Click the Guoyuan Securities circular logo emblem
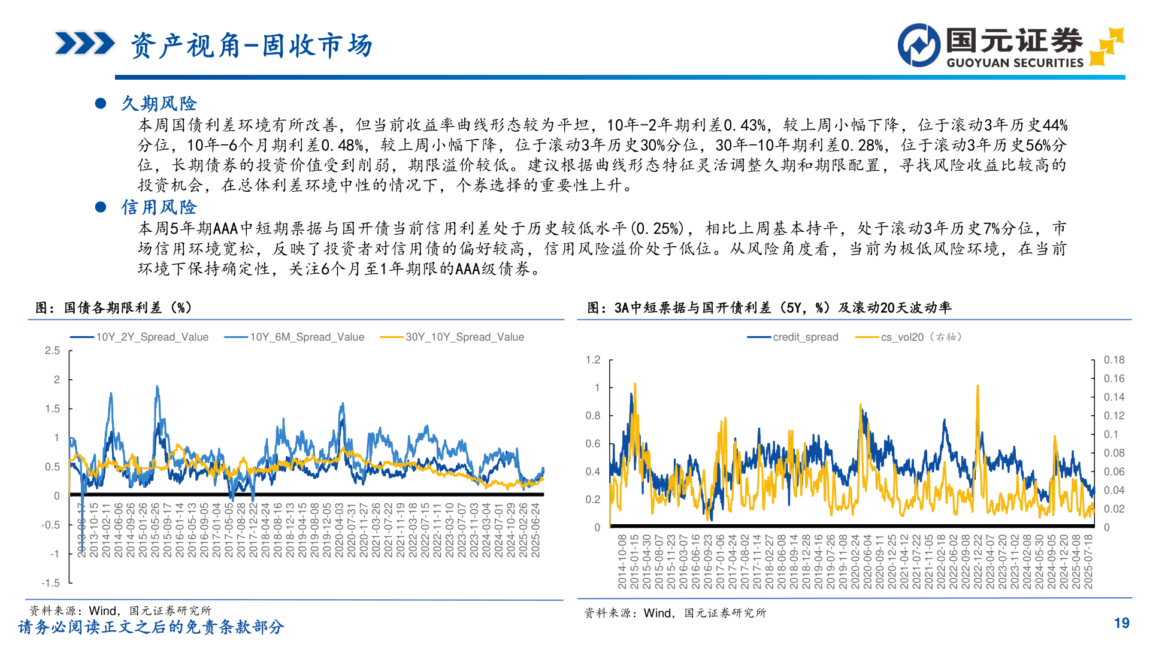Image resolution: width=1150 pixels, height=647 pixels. click(x=919, y=45)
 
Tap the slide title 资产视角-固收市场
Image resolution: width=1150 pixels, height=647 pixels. click(x=252, y=46)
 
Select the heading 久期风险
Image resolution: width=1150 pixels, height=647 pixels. click(x=159, y=104)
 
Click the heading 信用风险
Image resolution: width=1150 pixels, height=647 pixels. click(x=159, y=207)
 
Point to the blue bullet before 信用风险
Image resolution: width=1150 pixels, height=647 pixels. click(x=101, y=207)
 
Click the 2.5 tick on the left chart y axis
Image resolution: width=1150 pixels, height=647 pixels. click(x=53, y=350)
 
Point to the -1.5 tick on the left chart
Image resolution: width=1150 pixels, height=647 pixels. click(x=51, y=583)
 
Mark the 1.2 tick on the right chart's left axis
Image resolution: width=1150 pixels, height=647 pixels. click(x=593, y=359)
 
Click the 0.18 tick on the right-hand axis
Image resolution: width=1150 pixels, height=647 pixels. click(x=1114, y=359)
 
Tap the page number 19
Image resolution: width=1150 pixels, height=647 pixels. click(x=1121, y=623)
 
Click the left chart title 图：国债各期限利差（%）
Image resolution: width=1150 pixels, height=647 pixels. click(x=114, y=308)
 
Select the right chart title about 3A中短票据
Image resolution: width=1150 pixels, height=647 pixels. click(x=769, y=308)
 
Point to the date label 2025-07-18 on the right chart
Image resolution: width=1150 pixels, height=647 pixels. click(x=1088, y=561)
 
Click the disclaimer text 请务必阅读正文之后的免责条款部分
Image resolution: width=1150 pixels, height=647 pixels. click(x=151, y=627)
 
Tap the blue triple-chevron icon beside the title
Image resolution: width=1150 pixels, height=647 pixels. click(x=84, y=44)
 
